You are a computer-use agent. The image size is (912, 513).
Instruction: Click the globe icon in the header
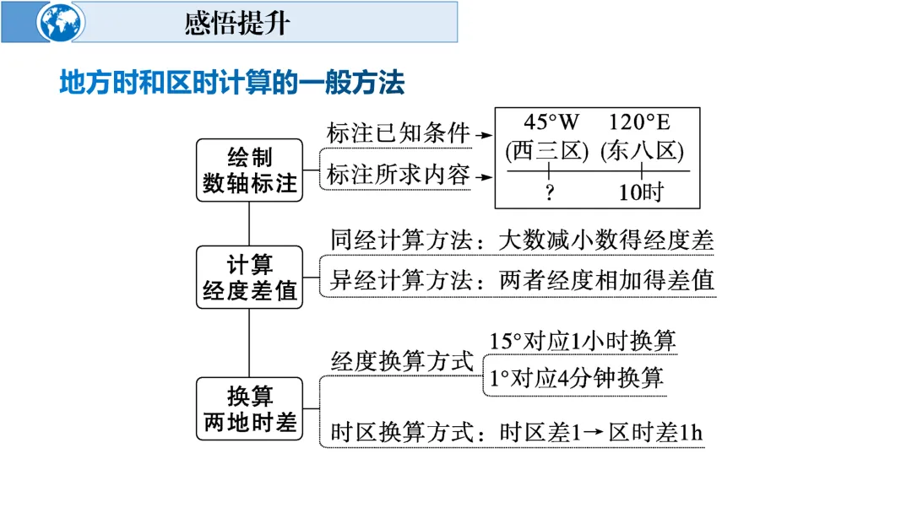(62, 23)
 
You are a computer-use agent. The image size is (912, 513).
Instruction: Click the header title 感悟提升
(237, 23)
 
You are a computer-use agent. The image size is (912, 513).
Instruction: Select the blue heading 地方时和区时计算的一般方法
(232, 83)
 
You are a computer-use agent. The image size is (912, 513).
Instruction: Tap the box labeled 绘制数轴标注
(249, 170)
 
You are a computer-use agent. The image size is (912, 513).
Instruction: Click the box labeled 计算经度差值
(249, 278)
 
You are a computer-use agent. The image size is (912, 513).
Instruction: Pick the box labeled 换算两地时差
(249, 408)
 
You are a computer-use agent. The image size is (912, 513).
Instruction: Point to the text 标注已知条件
(398, 133)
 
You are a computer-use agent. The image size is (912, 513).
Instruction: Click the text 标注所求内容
(398, 175)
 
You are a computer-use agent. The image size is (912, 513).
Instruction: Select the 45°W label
(551, 123)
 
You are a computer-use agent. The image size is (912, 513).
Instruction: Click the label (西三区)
(546, 152)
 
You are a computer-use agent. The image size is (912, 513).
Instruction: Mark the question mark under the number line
(549, 192)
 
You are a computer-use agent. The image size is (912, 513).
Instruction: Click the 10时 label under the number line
(641, 192)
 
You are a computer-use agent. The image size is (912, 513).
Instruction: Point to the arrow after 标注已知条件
(484, 134)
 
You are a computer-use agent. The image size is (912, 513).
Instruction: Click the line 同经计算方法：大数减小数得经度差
(522, 240)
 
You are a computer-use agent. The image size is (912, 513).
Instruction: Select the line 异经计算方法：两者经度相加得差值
(522, 280)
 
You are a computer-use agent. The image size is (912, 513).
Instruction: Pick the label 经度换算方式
(402, 361)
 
